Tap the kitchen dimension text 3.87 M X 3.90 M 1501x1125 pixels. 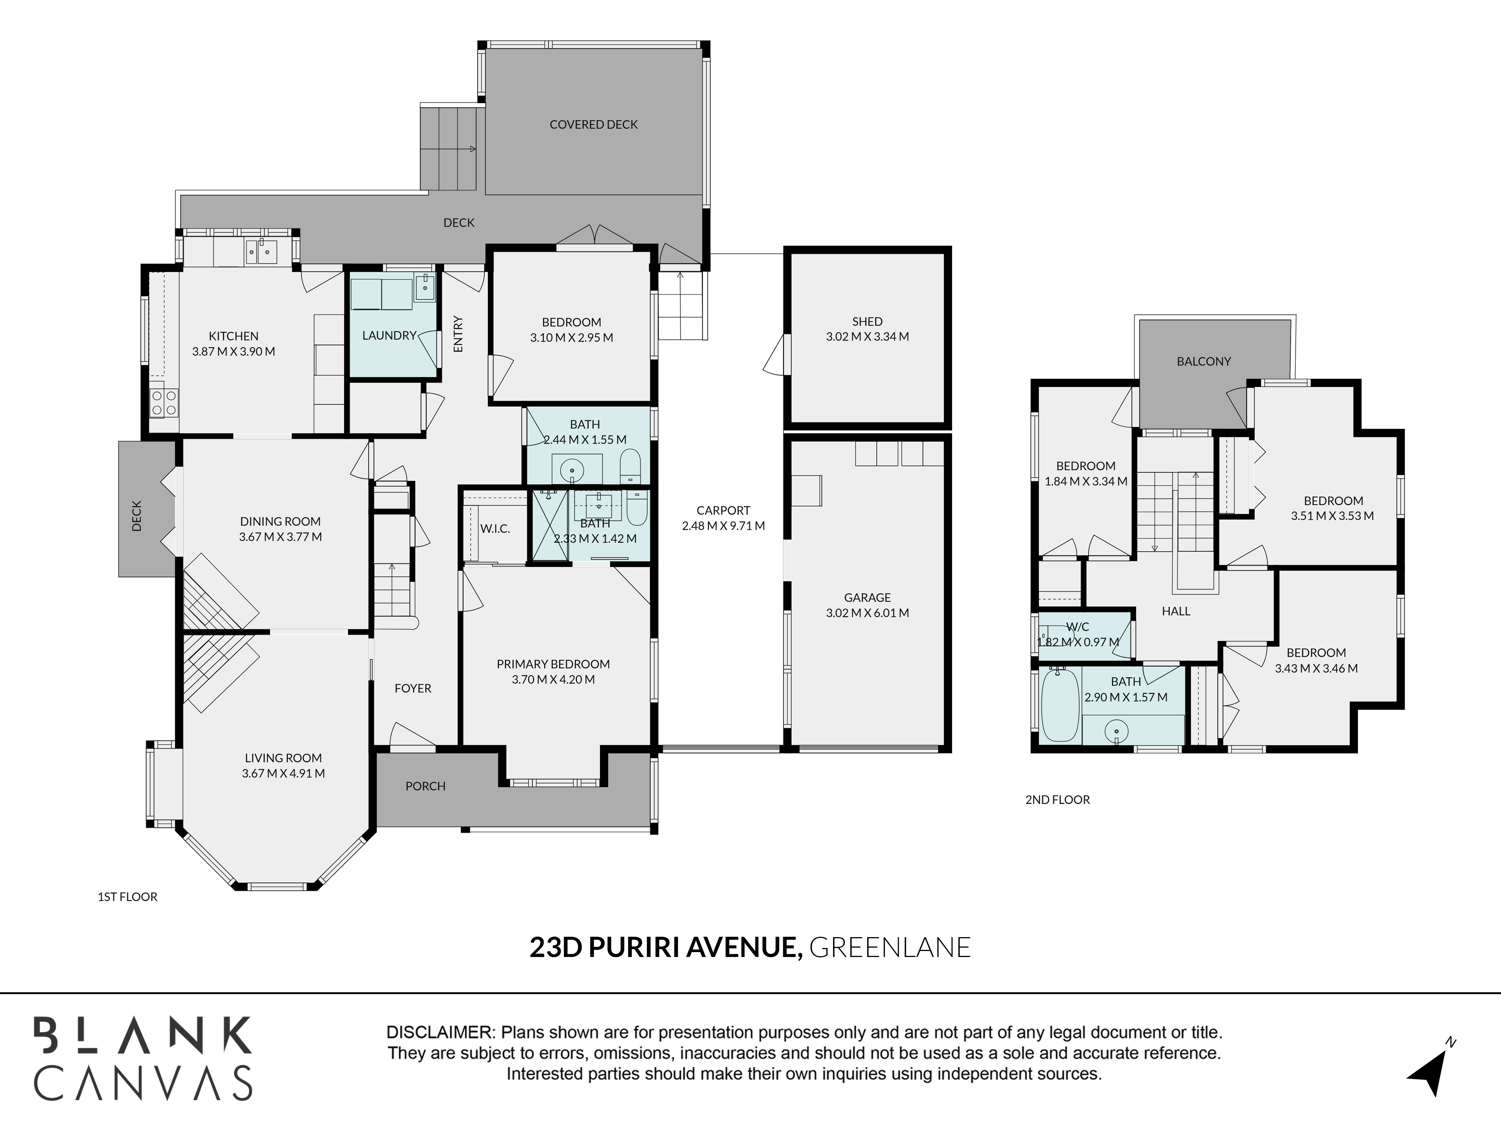(x=233, y=351)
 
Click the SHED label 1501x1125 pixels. (x=867, y=321)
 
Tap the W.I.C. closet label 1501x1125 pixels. (x=495, y=529)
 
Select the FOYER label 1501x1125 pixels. (x=412, y=688)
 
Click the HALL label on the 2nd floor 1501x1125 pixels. (x=1176, y=611)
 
